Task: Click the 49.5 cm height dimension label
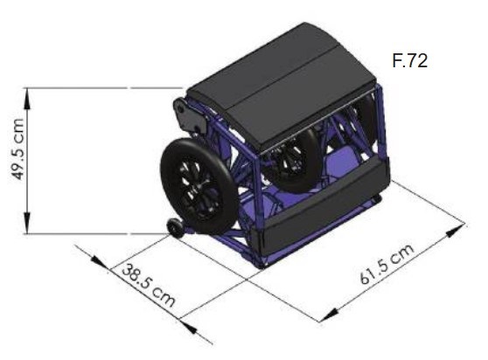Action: (x=17, y=149)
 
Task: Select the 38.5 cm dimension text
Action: (x=149, y=286)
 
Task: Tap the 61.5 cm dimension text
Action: (x=387, y=264)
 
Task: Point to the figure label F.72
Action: (x=410, y=60)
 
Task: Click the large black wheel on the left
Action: (x=199, y=186)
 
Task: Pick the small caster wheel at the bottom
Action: (x=175, y=227)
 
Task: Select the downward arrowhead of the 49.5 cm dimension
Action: (x=27, y=223)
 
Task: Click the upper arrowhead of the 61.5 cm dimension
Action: (x=456, y=230)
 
